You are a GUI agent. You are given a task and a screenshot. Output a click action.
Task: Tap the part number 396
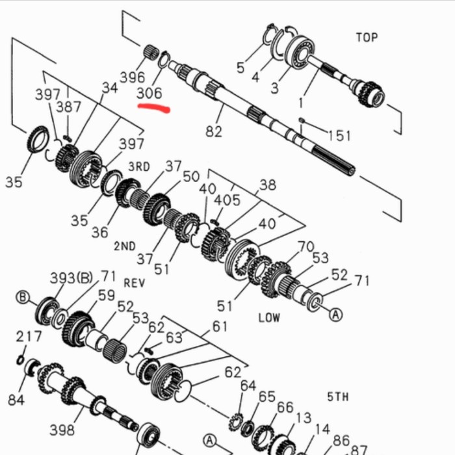[x=133, y=77]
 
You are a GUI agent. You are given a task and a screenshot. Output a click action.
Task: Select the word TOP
[x=367, y=37]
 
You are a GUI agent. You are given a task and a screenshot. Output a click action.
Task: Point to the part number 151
[x=339, y=135]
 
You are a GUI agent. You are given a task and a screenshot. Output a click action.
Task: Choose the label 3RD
[x=138, y=166]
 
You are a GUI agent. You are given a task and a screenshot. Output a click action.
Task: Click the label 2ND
[x=124, y=246]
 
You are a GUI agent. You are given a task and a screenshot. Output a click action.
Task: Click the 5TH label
[x=338, y=396]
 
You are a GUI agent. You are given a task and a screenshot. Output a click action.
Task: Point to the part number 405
[x=227, y=200]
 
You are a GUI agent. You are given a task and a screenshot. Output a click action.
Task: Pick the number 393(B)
[x=71, y=278]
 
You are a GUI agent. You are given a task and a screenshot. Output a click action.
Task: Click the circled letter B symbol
[x=23, y=298]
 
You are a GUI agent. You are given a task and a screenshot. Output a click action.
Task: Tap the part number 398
[x=62, y=430]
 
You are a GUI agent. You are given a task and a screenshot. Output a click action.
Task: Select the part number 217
[x=29, y=336]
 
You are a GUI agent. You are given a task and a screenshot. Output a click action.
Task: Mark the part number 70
[x=305, y=246]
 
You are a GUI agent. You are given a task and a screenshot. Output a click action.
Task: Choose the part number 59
[x=107, y=295]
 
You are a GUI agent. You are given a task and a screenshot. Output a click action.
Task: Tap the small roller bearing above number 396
[x=153, y=51]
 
